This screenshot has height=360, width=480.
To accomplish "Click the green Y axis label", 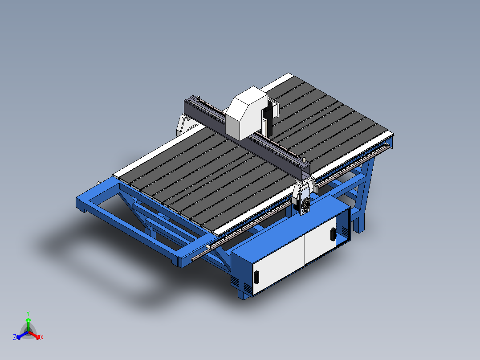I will pyautogui.click(x=28, y=313).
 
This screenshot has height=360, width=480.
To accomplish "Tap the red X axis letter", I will pyautogui.click(x=41, y=338).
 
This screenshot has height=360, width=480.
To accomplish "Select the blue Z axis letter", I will pyautogui.click(x=15, y=337).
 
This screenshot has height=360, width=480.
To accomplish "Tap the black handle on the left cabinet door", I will pyautogui.click(x=256, y=277).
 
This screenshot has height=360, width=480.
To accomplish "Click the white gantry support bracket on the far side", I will pyautogui.click(x=183, y=124).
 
